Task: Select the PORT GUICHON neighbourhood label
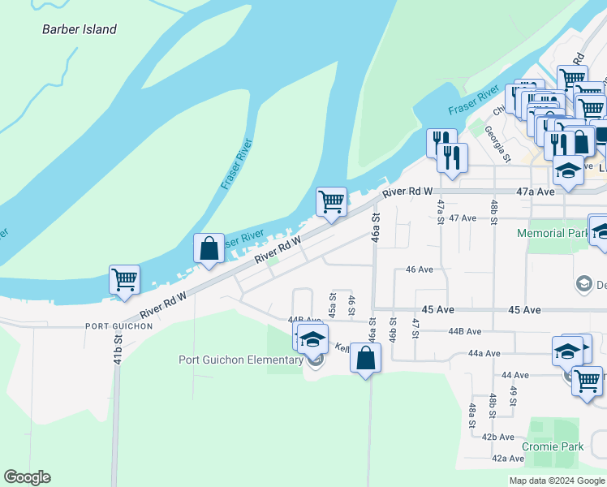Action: click(118, 325)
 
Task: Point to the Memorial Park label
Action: click(552, 233)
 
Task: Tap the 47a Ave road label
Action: click(536, 192)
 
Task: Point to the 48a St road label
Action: click(471, 414)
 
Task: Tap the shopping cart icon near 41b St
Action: click(125, 279)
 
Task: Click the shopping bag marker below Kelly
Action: click(366, 358)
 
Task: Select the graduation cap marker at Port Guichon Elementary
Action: click(312, 340)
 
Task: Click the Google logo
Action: click(27, 477)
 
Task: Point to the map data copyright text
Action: click(556, 481)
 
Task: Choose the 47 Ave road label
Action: click(463, 218)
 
